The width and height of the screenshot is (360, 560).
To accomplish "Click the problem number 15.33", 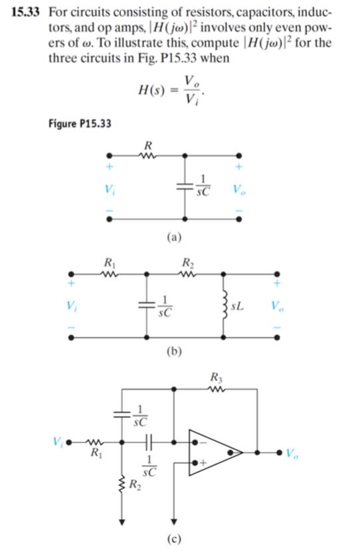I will pyautogui.click(x=29, y=14).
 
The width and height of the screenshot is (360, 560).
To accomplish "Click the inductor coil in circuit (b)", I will pyautogui.click(x=224, y=306).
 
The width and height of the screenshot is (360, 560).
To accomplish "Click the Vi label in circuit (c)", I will pyautogui.click(x=57, y=440).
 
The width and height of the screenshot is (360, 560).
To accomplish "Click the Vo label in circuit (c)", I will pyautogui.click(x=292, y=454).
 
